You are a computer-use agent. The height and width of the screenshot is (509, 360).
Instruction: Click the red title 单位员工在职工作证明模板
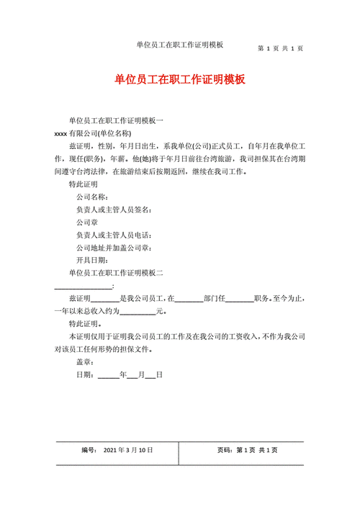pyautogui.click(x=179, y=80)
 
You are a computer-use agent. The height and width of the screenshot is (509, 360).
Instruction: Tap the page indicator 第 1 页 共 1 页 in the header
pyautogui.click(x=280, y=48)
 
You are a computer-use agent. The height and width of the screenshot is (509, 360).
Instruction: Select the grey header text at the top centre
pyautogui.click(x=179, y=45)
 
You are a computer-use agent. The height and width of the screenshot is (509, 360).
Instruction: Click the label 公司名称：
pyautogui.click(x=92, y=197)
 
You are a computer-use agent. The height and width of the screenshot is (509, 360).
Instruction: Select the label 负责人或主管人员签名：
pyautogui.click(x=114, y=210)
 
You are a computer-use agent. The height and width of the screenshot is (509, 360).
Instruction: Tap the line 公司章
pyautogui.click(x=86, y=222)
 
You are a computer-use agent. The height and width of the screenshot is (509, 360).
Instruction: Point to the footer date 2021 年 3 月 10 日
pyautogui.click(x=129, y=450)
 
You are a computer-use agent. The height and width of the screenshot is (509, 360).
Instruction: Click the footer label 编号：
pyautogui.click(x=89, y=450)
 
